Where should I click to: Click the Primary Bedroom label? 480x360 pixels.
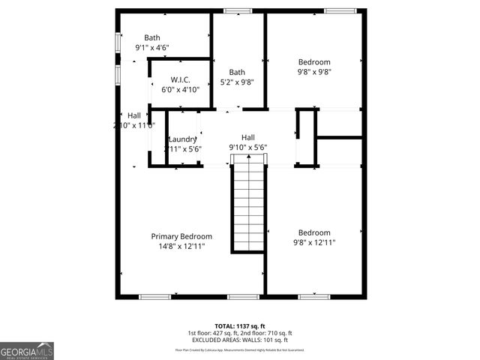(181, 236)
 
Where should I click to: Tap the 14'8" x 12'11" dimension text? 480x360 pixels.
(181, 246)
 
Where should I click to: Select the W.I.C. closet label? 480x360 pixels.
(180, 79)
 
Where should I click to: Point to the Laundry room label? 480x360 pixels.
(182, 139)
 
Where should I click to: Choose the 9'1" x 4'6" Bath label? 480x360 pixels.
(152, 38)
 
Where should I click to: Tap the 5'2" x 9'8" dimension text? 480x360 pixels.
(237, 82)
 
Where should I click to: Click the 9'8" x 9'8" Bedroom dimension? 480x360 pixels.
(314, 72)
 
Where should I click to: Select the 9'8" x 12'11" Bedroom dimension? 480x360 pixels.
(314, 242)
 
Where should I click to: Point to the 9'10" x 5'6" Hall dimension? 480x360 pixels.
(247, 148)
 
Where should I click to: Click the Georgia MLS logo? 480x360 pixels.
(27, 350)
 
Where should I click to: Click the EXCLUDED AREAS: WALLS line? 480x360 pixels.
(240, 340)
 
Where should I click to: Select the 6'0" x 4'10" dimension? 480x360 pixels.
(180, 89)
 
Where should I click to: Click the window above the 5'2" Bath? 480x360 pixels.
(238, 10)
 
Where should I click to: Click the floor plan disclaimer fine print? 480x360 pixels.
(240, 349)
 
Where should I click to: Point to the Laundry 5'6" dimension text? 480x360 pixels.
(184, 148)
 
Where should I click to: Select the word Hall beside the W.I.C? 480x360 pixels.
(133, 115)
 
